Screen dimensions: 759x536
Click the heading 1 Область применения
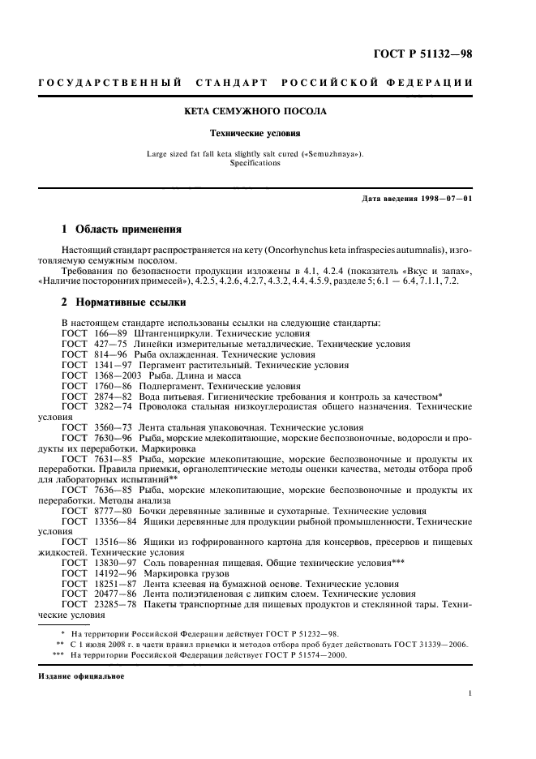click(x=122, y=229)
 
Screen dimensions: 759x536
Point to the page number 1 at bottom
click(x=471, y=693)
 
